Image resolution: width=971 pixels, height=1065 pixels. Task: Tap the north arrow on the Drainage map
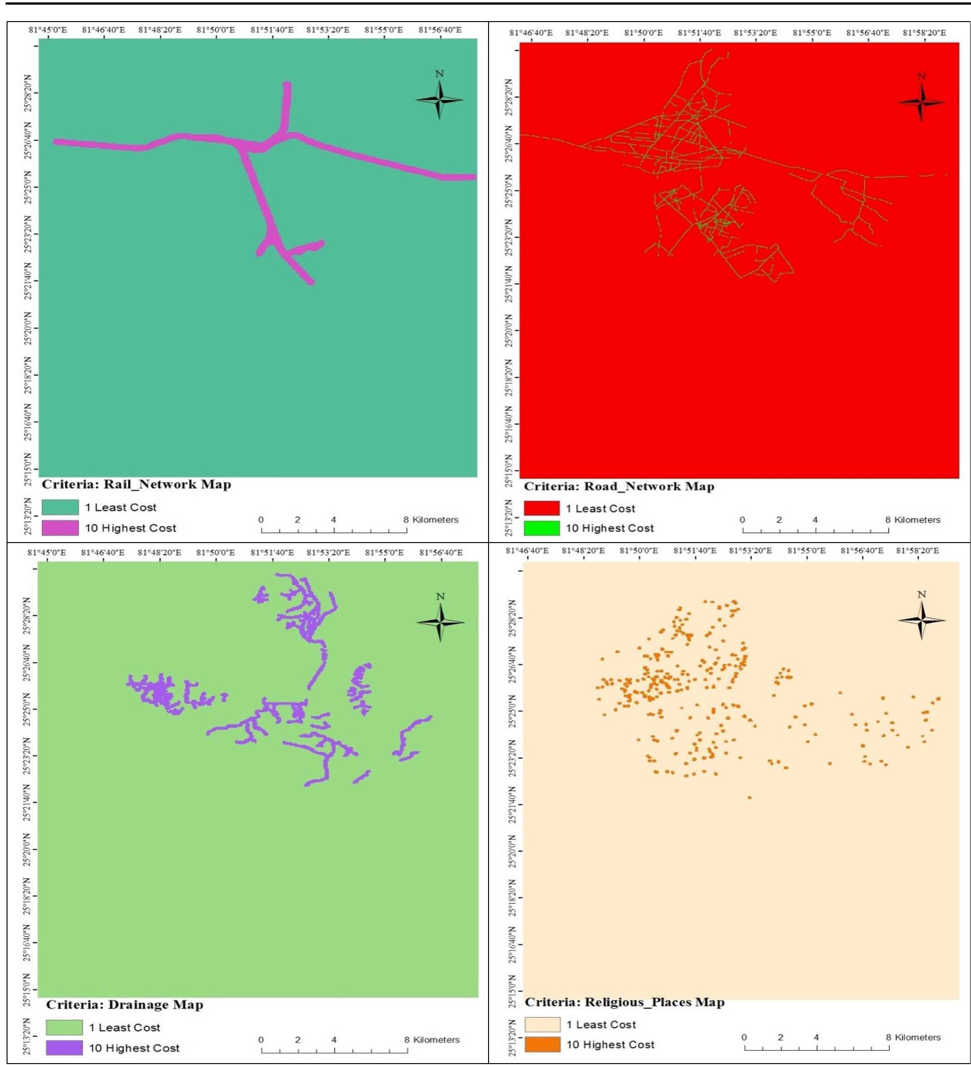[440, 622]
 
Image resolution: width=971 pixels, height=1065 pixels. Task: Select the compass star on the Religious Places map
[921, 619]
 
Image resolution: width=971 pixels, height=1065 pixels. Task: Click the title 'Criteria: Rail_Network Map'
[136, 484]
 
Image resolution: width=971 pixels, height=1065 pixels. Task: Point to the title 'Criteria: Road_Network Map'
[619, 487]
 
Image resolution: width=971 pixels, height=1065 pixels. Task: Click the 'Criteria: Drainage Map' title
[125, 1005]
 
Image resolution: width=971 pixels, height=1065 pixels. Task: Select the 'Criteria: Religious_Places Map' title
[624, 1002]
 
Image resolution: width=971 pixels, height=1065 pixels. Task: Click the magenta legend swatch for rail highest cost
[60, 528]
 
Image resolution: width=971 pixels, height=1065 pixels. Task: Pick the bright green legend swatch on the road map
[542, 528]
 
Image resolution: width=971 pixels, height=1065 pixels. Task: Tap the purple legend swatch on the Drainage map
[64, 1048]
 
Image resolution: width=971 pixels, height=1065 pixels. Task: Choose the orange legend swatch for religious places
[542, 1044]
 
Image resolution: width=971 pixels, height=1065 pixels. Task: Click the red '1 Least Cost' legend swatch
[542, 508]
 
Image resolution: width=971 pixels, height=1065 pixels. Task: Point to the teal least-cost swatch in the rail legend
[60, 507]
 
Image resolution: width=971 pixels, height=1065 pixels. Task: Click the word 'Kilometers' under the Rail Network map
[435, 520]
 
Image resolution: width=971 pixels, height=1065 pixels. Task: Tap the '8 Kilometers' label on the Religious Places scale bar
[913, 1037]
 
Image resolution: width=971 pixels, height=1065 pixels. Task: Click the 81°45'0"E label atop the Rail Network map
[47, 30]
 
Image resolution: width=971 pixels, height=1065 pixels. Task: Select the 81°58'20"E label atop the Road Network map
[924, 33]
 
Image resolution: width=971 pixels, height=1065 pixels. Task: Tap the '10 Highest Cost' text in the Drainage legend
[134, 1048]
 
